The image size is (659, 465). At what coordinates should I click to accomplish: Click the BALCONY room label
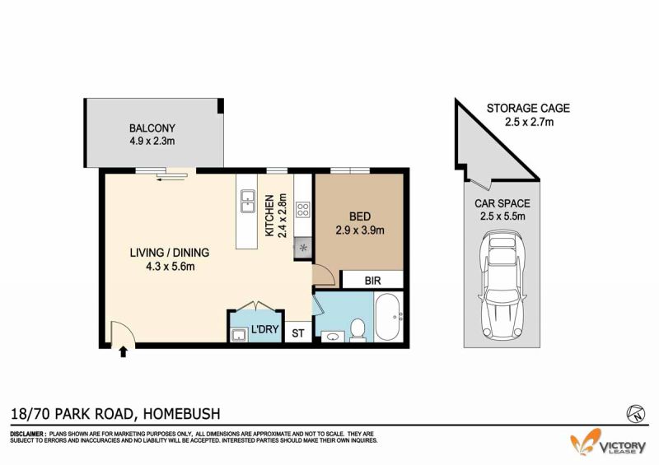(x=152, y=128)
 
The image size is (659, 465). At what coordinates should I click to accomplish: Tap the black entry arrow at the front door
(x=123, y=351)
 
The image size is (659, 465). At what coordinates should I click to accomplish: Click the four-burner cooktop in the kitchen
(x=302, y=210)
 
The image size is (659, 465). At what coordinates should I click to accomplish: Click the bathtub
(x=387, y=317)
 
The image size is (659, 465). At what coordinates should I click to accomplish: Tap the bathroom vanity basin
(x=333, y=337)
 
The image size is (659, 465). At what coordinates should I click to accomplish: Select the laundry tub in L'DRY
(x=238, y=335)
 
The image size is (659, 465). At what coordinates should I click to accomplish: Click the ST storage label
(x=298, y=333)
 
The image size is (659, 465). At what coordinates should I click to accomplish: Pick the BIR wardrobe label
(x=372, y=281)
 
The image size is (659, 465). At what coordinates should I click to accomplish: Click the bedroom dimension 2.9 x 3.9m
(x=360, y=230)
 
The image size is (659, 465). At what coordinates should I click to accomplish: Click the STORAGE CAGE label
(x=528, y=108)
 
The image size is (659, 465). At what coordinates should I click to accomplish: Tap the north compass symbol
(x=635, y=414)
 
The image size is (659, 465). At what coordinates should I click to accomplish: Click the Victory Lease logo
(x=608, y=443)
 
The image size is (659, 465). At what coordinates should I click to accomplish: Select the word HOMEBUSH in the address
(x=182, y=414)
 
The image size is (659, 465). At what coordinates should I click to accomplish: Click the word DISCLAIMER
(x=28, y=434)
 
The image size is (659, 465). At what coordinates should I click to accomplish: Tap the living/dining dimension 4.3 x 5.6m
(x=171, y=266)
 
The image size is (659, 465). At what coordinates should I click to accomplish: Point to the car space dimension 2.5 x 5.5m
(x=502, y=216)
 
